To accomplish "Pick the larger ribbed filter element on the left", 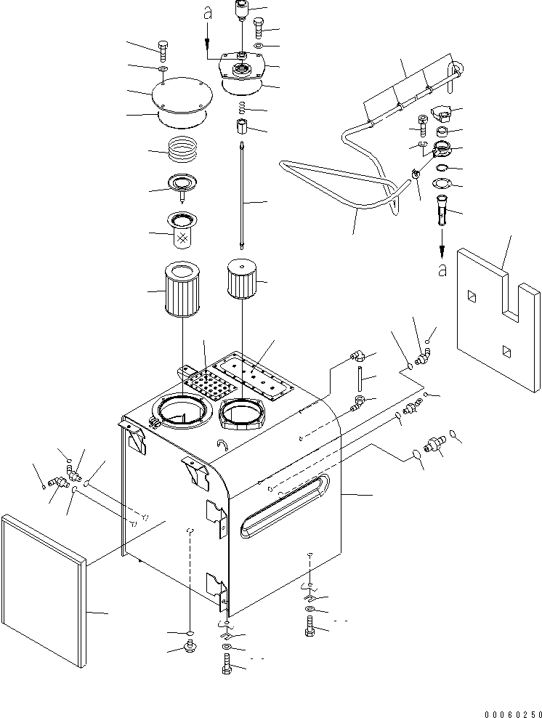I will point(182,291).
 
